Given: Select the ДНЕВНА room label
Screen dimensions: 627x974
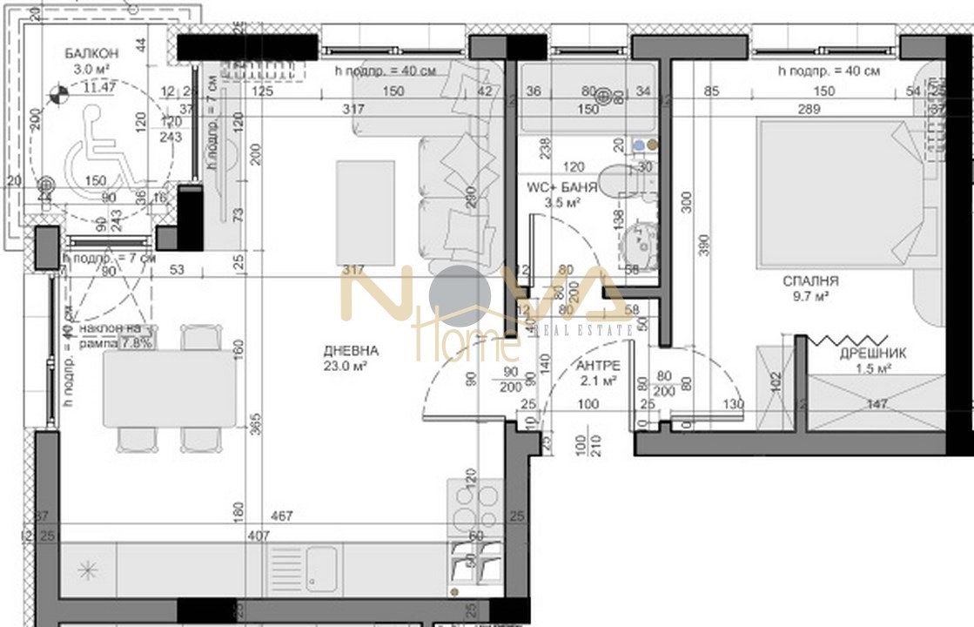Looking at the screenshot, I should [351, 351].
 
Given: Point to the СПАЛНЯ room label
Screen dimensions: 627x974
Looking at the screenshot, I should [810, 281].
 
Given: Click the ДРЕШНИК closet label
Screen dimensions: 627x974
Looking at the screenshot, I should [873, 354].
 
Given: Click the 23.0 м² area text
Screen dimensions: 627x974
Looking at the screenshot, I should [351, 367].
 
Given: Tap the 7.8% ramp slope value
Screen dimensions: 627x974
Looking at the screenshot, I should [138, 342].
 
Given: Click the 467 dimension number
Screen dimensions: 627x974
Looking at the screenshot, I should [280, 516].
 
